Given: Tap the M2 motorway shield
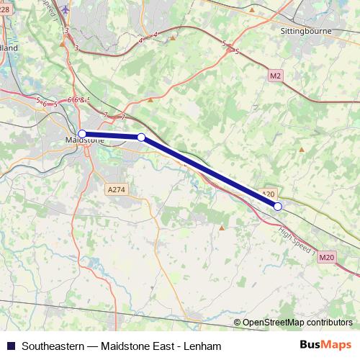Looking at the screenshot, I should point(275,75).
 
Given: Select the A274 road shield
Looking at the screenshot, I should point(116,189).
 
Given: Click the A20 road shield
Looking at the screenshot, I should point(268,194).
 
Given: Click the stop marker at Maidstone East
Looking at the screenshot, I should point(82,133).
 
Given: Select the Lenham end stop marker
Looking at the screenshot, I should point(278,207).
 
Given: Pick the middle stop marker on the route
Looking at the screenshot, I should point(141,137).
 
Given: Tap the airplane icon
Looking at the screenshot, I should point(67,10).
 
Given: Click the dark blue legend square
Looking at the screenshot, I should point(10,346).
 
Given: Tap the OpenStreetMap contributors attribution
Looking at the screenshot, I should point(297,323).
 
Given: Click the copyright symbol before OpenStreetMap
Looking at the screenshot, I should point(238,323).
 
